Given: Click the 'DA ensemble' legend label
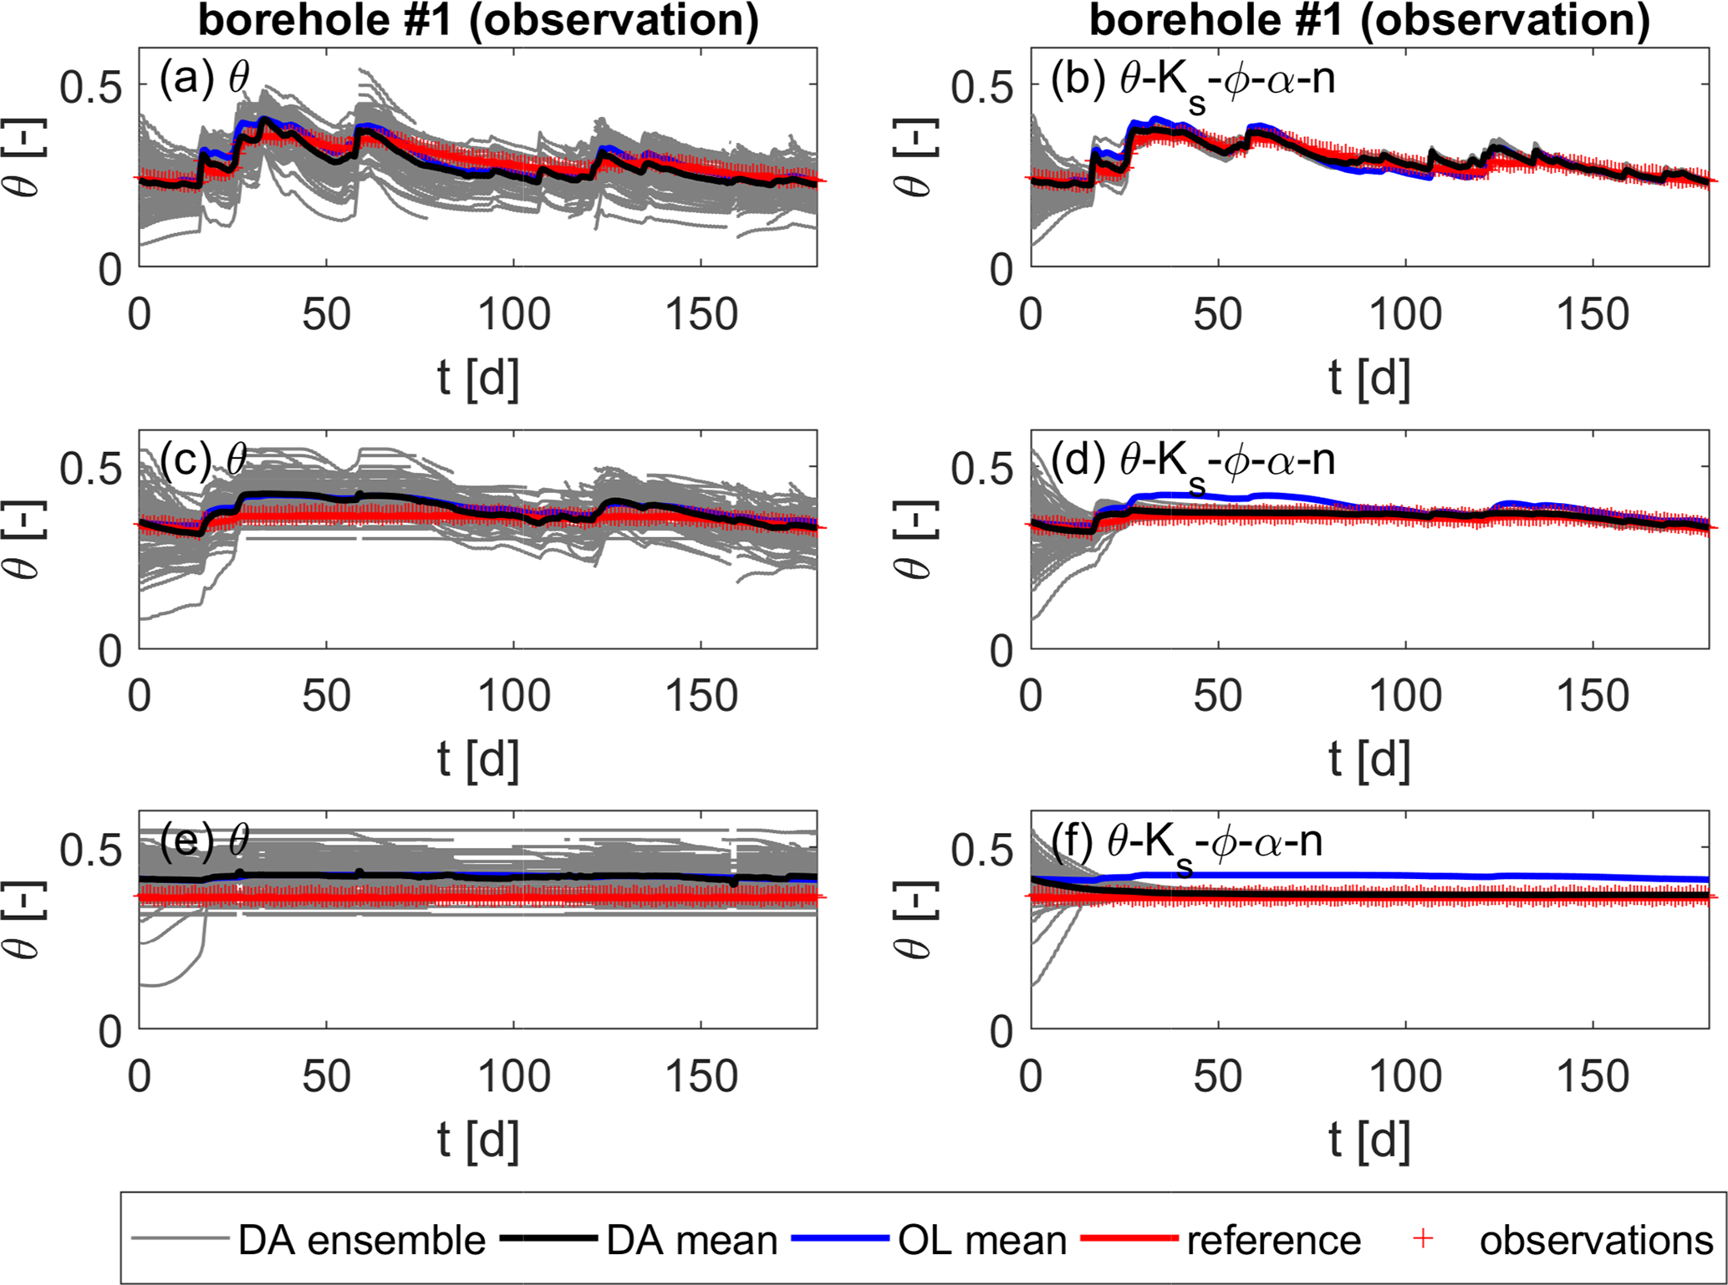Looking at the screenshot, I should (361, 1241).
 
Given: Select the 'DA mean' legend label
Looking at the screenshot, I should (691, 1241).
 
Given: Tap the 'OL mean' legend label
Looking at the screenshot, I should (981, 1241).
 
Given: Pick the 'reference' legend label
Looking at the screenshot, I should (1273, 1241).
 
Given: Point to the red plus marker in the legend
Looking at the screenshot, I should (1422, 1240).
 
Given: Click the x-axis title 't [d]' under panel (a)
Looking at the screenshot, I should (477, 378).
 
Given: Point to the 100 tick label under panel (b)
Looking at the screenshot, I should (1406, 315).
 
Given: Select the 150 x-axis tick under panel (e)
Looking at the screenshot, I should (701, 1077).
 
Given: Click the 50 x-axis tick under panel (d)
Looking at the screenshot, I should (1218, 696).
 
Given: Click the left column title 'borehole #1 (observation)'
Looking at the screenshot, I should (478, 20).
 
